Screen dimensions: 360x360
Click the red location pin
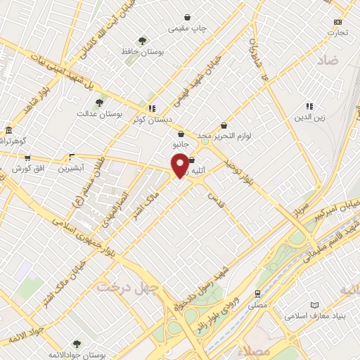[180, 164]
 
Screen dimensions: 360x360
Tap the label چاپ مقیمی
[187, 29]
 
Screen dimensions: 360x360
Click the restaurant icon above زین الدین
[309, 106]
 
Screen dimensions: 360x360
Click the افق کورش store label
[27, 169]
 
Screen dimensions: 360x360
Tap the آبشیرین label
[71, 169]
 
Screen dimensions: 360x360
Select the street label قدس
[214, 199]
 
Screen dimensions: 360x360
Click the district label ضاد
[328, 61]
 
